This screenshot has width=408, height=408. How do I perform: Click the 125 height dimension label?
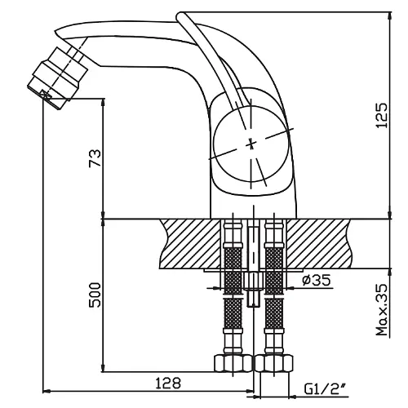click(381, 115)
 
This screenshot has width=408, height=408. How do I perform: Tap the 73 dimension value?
click(95, 157)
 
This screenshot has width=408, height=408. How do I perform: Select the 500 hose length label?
click(95, 295)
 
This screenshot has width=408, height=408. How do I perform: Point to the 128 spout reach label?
click(168, 383)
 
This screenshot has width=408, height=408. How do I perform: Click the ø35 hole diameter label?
click(317, 280)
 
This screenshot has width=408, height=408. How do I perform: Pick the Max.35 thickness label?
click(381, 309)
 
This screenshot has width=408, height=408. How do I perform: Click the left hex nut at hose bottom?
click(233, 363)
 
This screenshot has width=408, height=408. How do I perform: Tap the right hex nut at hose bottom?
click(274, 363)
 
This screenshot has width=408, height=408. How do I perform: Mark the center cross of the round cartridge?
click(251, 144)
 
